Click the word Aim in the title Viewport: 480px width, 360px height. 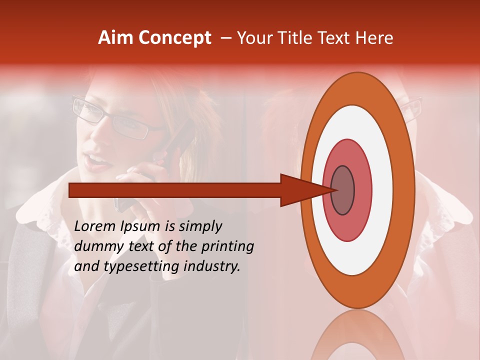(115, 38)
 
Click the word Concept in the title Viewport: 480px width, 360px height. (174, 38)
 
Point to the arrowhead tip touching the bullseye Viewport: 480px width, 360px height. (332, 190)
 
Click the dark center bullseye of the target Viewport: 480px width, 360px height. (343, 190)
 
